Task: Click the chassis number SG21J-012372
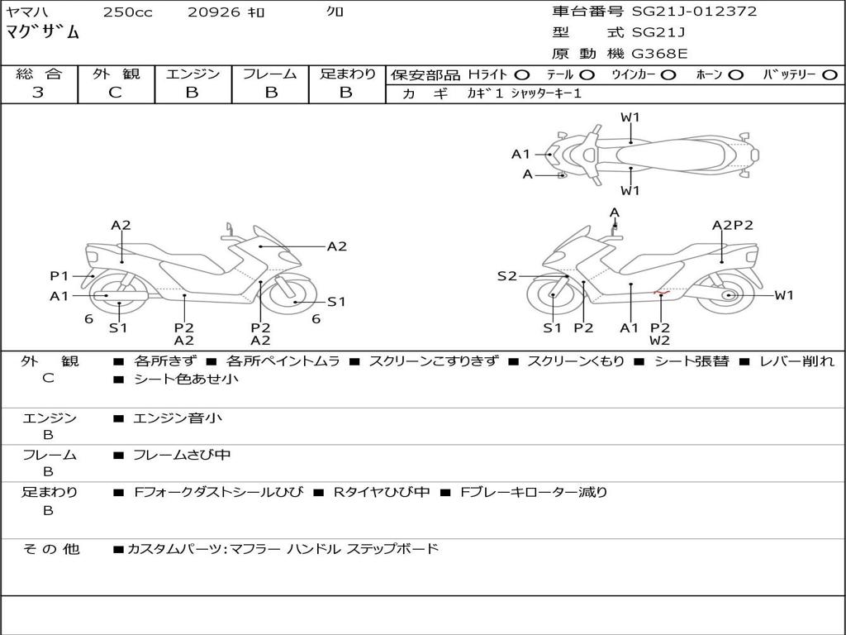pos(694,12)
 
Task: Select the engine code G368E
pos(659,55)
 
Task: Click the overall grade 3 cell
pos(38,93)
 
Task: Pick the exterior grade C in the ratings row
pos(116,93)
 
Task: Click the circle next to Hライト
pos(521,75)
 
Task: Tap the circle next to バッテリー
pos(829,75)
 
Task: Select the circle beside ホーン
pos(736,75)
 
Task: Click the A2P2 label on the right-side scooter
pos(732,225)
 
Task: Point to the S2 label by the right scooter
pos(506,276)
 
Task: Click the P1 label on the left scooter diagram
pos(59,276)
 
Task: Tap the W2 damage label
pos(659,341)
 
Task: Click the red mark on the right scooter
pos(659,293)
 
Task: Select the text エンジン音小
pos(178,418)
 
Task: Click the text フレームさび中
pos(182,455)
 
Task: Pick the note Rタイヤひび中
pos(381,492)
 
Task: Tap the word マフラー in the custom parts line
pos(253,548)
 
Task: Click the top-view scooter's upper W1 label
pos(630,117)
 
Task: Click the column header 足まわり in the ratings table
pos(347,74)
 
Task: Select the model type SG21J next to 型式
pos(658,33)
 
